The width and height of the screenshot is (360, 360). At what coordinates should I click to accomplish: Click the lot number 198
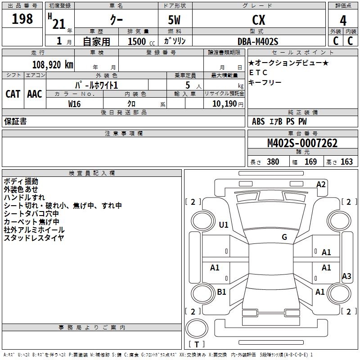(22, 19)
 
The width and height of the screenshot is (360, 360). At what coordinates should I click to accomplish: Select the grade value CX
(258, 20)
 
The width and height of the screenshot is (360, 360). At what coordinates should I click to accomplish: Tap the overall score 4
(343, 20)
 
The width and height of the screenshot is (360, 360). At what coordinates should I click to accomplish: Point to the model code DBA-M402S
(258, 41)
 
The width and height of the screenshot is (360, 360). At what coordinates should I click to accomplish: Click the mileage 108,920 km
(53, 64)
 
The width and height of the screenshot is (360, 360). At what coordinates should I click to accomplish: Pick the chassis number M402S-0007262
(302, 143)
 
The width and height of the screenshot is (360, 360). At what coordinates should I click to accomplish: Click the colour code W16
(74, 103)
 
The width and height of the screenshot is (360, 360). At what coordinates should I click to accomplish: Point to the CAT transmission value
(13, 94)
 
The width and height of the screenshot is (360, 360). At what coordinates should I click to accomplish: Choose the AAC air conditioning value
(35, 94)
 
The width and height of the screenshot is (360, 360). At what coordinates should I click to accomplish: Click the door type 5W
(175, 20)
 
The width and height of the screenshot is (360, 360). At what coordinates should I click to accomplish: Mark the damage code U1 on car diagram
(224, 225)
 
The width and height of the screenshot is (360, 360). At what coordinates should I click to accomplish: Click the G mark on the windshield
(284, 237)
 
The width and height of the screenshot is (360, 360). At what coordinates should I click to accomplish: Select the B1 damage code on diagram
(221, 292)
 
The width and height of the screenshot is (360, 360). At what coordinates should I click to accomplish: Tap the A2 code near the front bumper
(321, 184)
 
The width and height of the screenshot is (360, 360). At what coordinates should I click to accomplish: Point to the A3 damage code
(346, 276)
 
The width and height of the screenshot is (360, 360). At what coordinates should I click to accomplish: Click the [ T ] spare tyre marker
(197, 345)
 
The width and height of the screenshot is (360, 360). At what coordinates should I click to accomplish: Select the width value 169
(310, 162)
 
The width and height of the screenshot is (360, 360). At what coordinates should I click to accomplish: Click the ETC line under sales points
(258, 72)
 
